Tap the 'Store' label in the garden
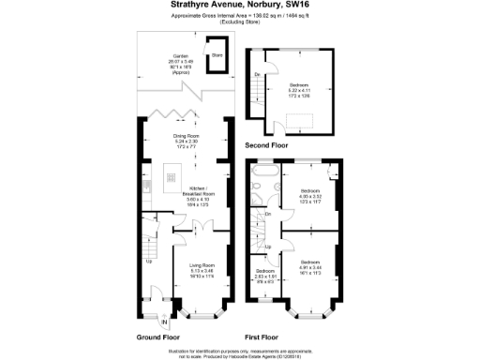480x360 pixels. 216,55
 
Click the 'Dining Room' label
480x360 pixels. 187,137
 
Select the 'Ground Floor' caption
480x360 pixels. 158,336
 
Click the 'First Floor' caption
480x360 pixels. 262,336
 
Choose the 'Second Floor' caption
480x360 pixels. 265,146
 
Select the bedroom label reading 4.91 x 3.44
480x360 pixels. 309,266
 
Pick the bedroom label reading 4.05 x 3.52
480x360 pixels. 311,194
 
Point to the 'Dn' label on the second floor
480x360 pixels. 256,74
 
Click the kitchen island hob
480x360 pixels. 172,174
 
